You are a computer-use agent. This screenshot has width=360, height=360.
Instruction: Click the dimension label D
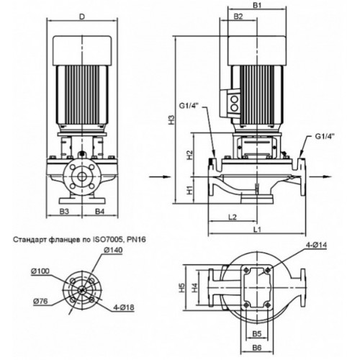click(x=82, y=17)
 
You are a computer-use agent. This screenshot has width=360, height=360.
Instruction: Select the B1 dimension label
click(x=257, y=5)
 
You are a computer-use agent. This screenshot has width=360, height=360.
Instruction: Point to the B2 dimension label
click(x=238, y=17)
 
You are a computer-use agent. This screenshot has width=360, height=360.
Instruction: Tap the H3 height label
click(x=171, y=120)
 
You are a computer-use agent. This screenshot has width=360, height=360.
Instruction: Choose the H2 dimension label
click(x=190, y=156)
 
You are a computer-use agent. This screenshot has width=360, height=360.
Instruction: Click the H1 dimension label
click(x=190, y=190)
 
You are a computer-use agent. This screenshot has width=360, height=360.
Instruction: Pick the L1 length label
click(x=257, y=229)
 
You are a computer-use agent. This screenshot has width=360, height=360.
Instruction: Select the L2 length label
click(x=233, y=217)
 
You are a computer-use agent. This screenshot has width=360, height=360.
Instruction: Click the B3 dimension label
click(x=64, y=211)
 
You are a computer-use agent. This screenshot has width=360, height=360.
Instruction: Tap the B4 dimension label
click(x=100, y=211)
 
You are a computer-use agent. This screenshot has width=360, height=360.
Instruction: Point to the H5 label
click(x=183, y=287)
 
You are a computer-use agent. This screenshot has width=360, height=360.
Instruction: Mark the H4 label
click(x=195, y=287)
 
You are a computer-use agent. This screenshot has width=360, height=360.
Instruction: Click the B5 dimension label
click(x=257, y=333)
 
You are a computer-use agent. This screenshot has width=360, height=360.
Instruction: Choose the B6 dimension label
click(x=257, y=348)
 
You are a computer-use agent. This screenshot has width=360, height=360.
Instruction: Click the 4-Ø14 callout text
click(x=316, y=245)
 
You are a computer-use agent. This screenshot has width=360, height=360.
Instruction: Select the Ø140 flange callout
click(x=113, y=250)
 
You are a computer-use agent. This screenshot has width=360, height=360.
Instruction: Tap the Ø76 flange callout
click(x=40, y=301)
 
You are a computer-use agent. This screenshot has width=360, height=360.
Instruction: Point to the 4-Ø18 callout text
click(x=124, y=307)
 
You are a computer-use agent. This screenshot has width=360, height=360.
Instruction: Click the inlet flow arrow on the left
click(x=160, y=177)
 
